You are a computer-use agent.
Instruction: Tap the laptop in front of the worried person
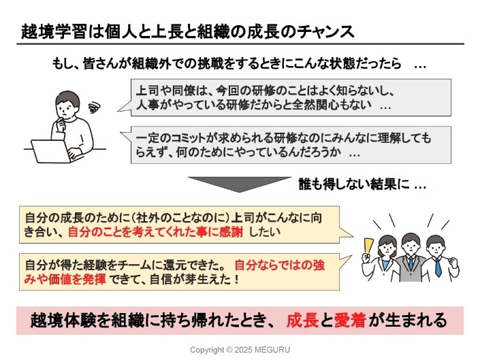pos(52,150)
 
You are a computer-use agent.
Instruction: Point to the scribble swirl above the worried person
pos(95,106)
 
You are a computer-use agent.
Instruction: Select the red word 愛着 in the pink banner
pos(350,320)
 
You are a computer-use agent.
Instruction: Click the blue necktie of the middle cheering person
pos(411,264)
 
